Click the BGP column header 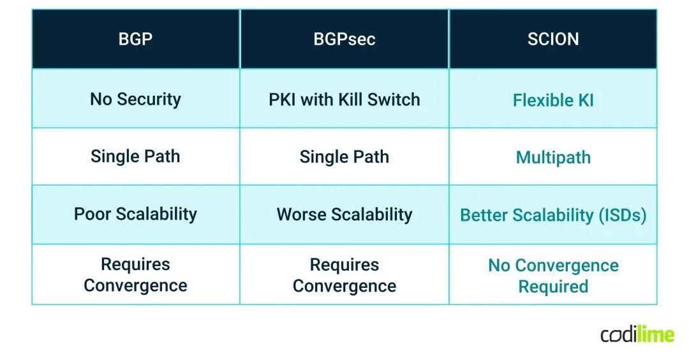click(135, 39)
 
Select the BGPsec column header click(344, 39)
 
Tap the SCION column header click(553, 39)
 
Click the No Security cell click(135, 99)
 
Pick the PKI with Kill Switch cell click(344, 100)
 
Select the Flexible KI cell click(553, 100)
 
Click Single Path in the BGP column click(135, 156)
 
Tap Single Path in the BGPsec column click(344, 157)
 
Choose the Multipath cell click(553, 158)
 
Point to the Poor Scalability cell click(135, 214)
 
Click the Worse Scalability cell click(344, 214)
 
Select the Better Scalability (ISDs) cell click(553, 215)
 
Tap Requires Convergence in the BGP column click(135, 274)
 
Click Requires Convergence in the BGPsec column click(344, 275)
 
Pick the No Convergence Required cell click(553, 276)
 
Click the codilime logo click(637, 333)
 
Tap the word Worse click(300, 214)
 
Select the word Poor click(92, 214)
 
